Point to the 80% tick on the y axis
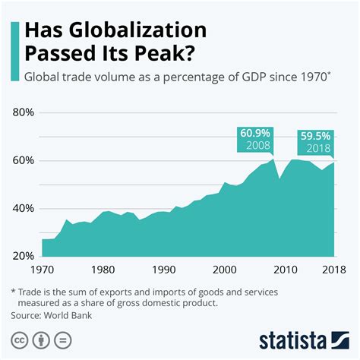pyautogui.click(x=24, y=112)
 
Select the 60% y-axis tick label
pyautogui.click(x=24, y=161)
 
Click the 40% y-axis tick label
pyautogui.click(x=24, y=209)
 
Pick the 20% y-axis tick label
pyautogui.click(x=24, y=257)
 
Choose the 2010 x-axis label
pyautogui.click(x=284, y=270)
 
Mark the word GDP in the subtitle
pyautogui.click(x=263, y=77)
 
